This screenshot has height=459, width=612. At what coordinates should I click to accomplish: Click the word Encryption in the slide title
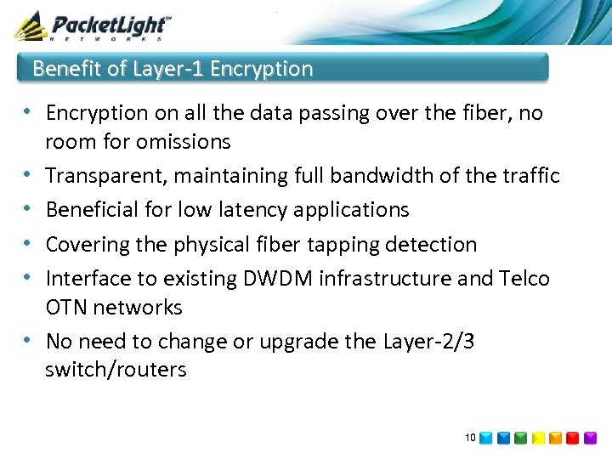point(261,69)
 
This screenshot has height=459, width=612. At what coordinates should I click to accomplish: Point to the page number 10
point(470,438)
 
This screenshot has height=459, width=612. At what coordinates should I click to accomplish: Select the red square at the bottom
point(573,439)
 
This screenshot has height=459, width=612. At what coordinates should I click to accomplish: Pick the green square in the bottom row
point(520,439)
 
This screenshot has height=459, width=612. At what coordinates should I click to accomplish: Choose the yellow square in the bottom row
point(538,439)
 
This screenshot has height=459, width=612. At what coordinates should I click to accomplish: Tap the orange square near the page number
point(556,439)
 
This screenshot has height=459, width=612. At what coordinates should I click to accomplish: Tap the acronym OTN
point(67,307)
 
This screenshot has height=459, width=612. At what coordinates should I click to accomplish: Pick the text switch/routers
point(116,370)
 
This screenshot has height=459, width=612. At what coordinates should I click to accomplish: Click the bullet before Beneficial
point(29,209)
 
